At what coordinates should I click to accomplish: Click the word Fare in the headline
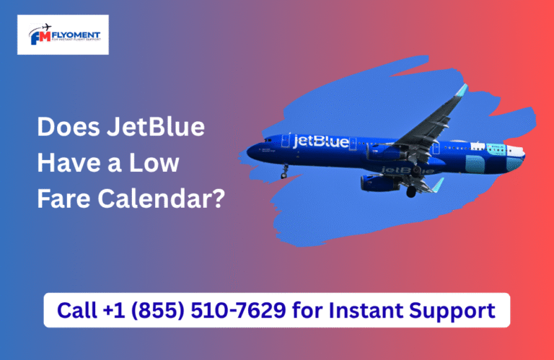point(63,198)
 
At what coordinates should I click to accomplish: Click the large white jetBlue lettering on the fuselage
point(320,140)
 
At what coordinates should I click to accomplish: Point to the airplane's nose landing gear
point(285,172)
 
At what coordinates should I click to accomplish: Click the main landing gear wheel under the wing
point(410,192)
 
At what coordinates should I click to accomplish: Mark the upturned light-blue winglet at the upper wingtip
point(461,90)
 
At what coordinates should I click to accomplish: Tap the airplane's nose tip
point(248,152)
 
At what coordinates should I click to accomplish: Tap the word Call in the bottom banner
point(74,311)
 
